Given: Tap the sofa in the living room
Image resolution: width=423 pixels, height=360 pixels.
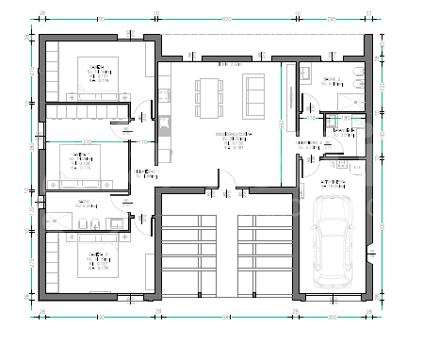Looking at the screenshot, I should pyautogui.click(x=254, y=92).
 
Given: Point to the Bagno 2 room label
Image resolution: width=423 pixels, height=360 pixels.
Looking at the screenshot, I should pyautogui.click(x=331, y=81).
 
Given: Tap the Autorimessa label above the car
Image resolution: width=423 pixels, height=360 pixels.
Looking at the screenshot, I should pyautogui.click(x=332, y=183).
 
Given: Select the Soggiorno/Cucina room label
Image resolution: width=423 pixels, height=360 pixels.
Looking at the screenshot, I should pyautogui.click(x=230, y=139).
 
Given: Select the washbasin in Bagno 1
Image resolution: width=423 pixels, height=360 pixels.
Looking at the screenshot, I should pyautogui.click(x=116, y=222).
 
